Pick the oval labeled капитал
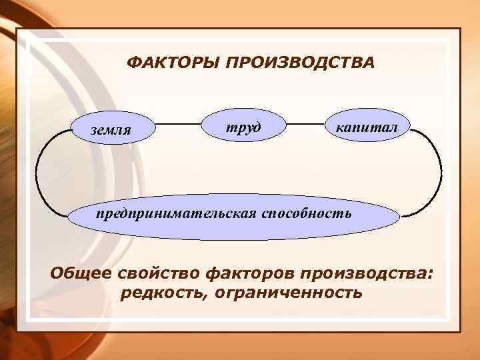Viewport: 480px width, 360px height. coord(369,126)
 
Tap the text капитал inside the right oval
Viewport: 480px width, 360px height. coord(369,126)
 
